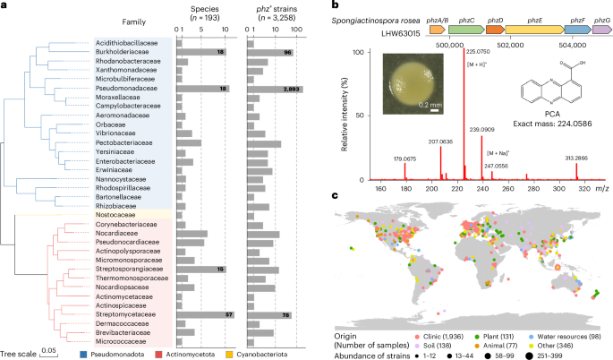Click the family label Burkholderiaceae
coord(125,53)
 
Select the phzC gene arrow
coord(464,30)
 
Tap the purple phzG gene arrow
coord(600,30)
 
